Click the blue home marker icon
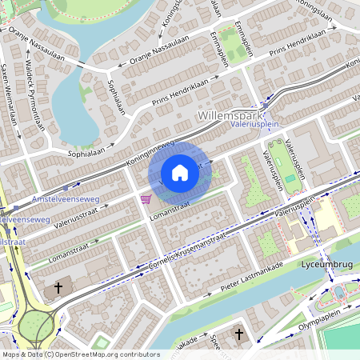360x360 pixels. click(180, 173)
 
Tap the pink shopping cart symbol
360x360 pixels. click(146, 198)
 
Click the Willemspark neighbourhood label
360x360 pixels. click(227, 115)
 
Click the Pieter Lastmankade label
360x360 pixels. click(253, 282)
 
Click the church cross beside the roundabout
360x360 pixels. click(58, 288)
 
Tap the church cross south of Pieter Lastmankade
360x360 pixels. click(239, 333)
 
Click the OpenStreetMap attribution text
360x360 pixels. click(80, 354)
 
